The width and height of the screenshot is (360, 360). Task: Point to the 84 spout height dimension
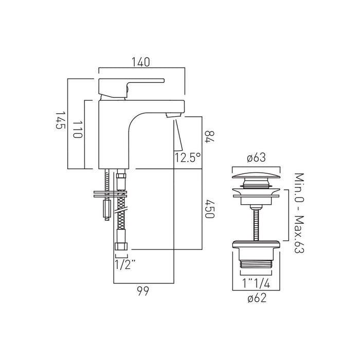pos(208,137)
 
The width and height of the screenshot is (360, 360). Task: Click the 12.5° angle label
pos(187,157)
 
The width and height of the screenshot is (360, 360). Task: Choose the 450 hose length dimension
pos(208,209)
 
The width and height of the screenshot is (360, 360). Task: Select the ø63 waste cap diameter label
pos(256,158)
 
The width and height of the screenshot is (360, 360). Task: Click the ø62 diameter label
pos(256,297)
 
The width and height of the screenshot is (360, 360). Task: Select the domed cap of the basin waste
pos(256,176)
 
